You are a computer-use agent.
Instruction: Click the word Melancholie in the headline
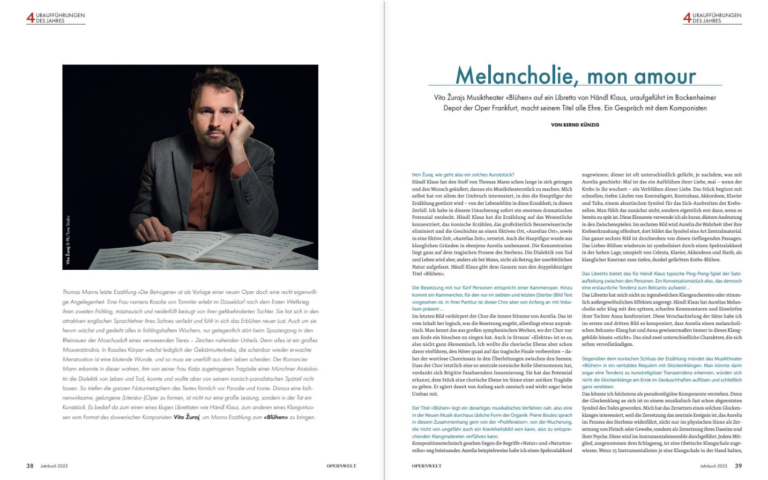513,76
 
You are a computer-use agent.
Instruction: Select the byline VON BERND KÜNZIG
575,125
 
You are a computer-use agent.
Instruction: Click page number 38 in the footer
30,466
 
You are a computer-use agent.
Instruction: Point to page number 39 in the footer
738,466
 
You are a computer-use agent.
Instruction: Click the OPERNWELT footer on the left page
341,466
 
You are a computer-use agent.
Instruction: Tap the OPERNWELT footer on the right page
427,466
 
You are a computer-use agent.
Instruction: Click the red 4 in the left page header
30,18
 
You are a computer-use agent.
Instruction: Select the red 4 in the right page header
687,18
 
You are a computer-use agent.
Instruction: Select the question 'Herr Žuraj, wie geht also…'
463,175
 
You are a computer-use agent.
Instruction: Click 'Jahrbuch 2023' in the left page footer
54,466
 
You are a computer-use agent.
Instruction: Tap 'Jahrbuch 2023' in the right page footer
713,466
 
